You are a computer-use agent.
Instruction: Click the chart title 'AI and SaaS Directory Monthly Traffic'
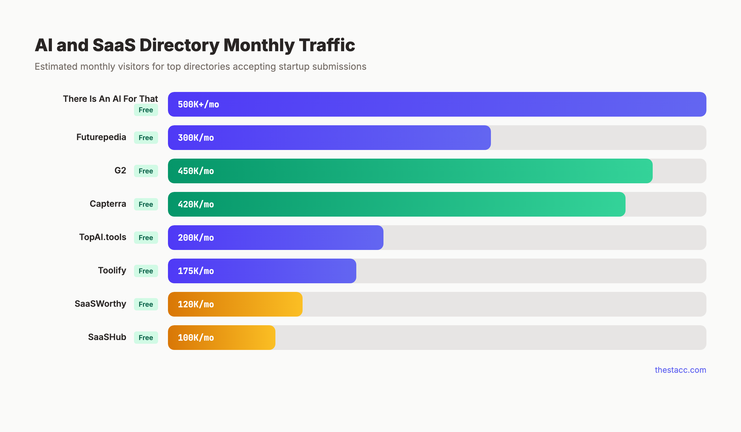[195, 45]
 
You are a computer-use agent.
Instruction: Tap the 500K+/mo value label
[198, 105]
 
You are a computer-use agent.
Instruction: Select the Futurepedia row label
[101, 137]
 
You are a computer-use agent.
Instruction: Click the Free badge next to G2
[146, 171]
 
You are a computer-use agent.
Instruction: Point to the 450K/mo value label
[196, 171]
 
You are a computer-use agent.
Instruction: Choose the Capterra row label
[108, 204]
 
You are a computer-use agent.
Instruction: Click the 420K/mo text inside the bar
[196, 205]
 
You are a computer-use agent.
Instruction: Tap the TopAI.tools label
[103, 237]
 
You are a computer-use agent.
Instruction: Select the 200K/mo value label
[196, 238]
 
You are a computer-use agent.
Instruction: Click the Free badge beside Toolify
[146, 271]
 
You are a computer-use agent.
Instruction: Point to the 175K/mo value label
[196, 271]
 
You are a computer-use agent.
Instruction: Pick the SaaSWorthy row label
[100, 304]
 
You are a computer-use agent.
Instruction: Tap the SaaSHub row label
[107, 337]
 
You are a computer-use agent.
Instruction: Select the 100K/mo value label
[196, 338]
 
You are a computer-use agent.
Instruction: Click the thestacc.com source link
[680, 370]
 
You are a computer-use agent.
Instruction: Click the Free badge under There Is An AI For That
[146, 110]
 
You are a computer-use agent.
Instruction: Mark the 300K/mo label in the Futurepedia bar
[196, 138]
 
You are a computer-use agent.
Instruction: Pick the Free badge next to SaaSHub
[146, 338]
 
